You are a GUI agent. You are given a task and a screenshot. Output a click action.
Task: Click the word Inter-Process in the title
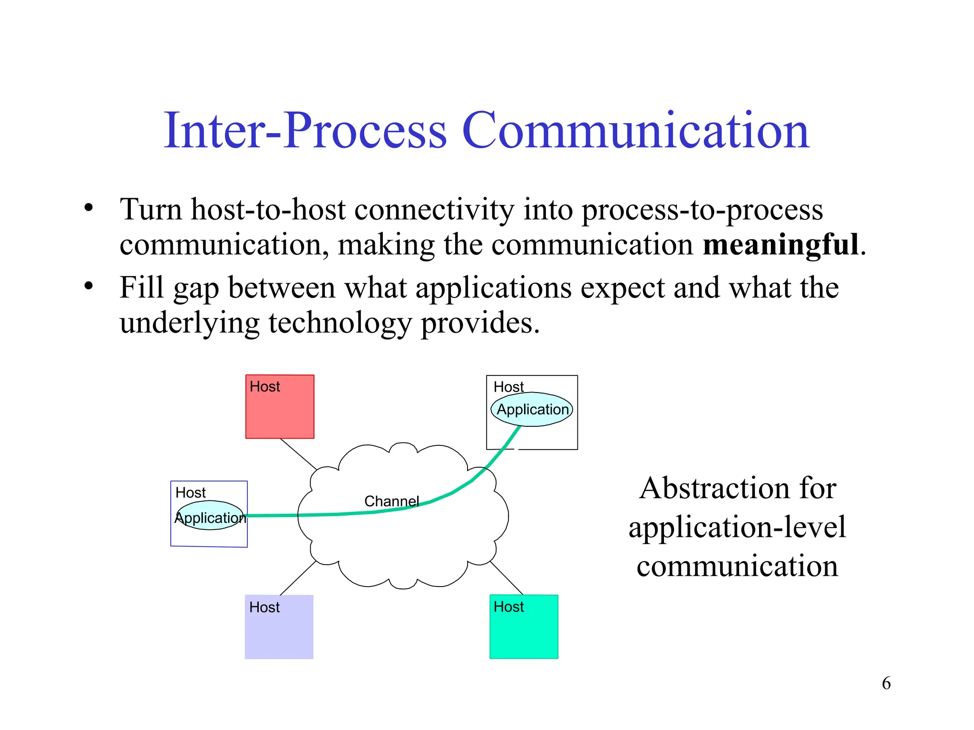(x=305, y=131)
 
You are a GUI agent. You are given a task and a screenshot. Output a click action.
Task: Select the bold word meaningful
(x=780, y=245)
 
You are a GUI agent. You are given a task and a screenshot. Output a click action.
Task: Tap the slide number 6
(x=886, y=683)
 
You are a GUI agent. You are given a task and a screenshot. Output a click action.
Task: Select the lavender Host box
(x=279, y=632)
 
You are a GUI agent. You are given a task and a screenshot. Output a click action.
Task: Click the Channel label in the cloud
(x=391, y=501)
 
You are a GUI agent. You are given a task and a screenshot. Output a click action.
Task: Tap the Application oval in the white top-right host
(x=532, y=409)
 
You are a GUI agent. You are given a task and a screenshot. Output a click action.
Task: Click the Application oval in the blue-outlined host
(x=210, y=517)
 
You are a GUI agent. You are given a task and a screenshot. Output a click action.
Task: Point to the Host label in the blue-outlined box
(x=190, y=492)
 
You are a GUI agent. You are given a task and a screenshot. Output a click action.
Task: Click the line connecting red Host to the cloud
(x=299, y=454)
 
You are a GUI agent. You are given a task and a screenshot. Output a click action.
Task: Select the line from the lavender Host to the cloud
(x=298, y=578)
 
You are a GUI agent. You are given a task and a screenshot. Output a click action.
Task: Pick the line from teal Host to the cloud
(x=506, y=578)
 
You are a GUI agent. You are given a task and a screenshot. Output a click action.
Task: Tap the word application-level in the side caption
(x=737, y=527)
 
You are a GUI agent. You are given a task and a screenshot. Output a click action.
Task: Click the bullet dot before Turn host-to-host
(x=88, y=208)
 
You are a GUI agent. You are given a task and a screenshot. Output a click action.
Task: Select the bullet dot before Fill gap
(x=88, y=287)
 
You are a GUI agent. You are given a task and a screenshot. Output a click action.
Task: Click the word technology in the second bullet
(x=340, y=323)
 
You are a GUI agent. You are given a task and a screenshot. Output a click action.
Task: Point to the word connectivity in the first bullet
(x=434, y=210)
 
